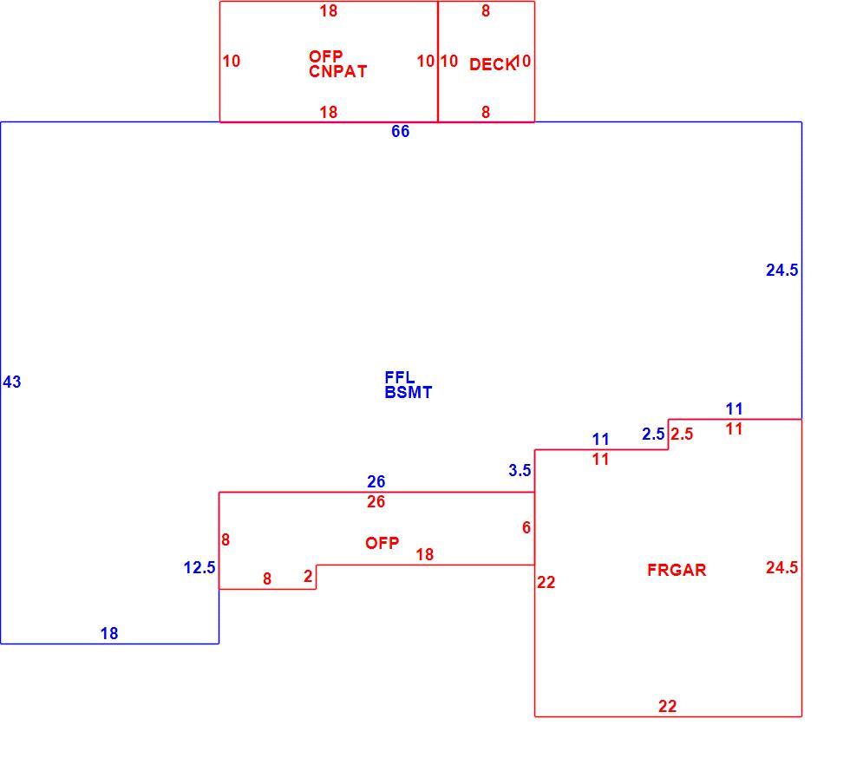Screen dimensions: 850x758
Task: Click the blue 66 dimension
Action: click(x=400, y=131)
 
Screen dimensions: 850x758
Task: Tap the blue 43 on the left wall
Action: click(x=12, y=382)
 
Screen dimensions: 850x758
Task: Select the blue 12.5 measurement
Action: click(x=199, y=568)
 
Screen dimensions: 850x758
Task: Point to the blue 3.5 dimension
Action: click(x=520, y=471)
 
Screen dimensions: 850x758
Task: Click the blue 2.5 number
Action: click(x=653, y=434)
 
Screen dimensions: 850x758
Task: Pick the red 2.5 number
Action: click(x=682, y=434)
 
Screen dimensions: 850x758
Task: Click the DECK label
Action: click(x=493, y=64)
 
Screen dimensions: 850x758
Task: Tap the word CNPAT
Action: click(x=337, y=72)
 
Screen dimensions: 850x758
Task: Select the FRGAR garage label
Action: click(x=677, y=570)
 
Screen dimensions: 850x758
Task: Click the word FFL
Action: click(x=400, y=377)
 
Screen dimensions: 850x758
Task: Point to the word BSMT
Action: click(x=409, y=393)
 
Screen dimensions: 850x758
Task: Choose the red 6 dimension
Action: click(x=526, y=527)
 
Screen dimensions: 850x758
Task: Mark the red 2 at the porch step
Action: click(x=308, y=576)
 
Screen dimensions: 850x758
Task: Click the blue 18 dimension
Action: click(x=109, y=633)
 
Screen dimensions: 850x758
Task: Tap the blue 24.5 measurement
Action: click(x=781, y=270)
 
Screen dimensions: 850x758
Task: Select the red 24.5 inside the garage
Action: click(x=781, y=567)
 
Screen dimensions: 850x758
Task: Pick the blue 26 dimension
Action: click(x=376, y=481)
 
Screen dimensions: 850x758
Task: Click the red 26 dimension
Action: click(x=376, y=501)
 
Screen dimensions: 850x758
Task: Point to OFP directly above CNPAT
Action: click(x=326, y=56)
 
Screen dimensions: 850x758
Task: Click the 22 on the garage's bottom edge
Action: click(x=667, y=706)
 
